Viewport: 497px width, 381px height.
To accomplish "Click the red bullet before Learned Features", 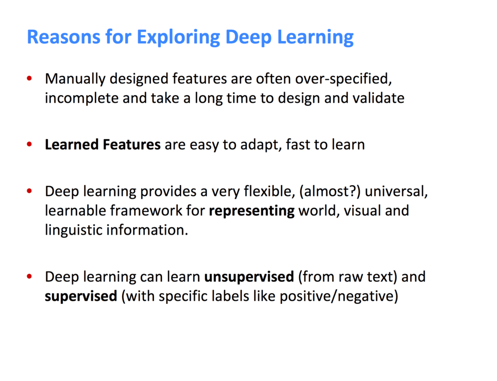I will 30,144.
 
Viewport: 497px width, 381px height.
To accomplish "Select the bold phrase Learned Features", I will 102,144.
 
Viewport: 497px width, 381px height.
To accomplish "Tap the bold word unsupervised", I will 249,277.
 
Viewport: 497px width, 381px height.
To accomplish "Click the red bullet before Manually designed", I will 30,79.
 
